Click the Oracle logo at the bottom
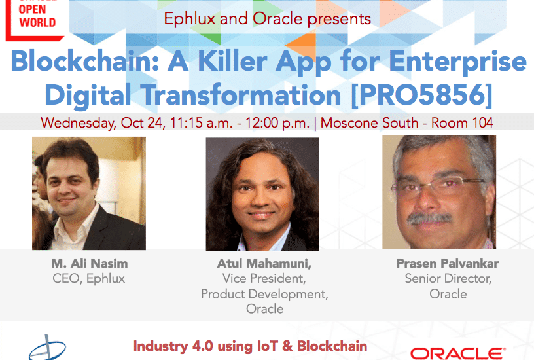pyautogui.click(x=457, y=353)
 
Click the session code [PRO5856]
pyautogui.click(x=421, y=95)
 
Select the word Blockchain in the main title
pyautogui.click(x=85, y=62)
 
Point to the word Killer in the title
pyautogui.click(x=232, y=62)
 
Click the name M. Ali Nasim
pyautogui.click(x=89, y=263)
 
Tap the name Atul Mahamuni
pyautogui.click(x=264, y=263)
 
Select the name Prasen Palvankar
pyautogui.click(x=448, y=263)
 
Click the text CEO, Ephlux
pyautogui.click(x=89, y=279)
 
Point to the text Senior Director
pyautogui.click(x=448, y=279)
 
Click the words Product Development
pyautogui.click(x=264, y=294)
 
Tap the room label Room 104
pyautogui.click(x=462, y=123)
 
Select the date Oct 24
pyautogui.click(x=143, y=123)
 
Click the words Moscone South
pyautogui.click(x=370, y=123)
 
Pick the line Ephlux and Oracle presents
pyautogui.click(x=268, y=19)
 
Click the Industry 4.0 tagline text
pyautogui.click(x=250, y=346)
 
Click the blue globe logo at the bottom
pyautogui.click(x=47, y=348)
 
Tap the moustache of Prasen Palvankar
pyautogui.click(x=429, y=218)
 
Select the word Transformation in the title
pyautogui.click(x=241, y=95)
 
